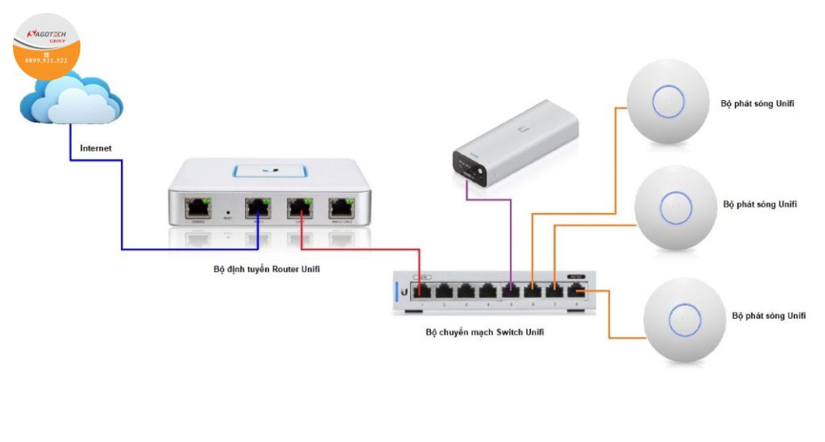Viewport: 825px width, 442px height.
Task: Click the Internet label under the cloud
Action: coord(96,148)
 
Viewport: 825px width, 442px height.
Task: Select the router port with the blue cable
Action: coord(259,208)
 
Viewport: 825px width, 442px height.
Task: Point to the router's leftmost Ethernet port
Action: coord(197,208)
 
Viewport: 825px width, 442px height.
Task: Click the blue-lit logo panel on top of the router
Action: coord(270,171)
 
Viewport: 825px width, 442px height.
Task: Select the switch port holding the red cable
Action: coord(422,290)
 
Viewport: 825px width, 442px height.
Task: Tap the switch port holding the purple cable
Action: coord(510,290)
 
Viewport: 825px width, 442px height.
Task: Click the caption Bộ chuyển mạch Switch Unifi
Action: coord(484,331)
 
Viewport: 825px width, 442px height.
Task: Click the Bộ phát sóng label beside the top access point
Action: coord(751,104)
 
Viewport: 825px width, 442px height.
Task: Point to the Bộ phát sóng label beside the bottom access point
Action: coord(769,315)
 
